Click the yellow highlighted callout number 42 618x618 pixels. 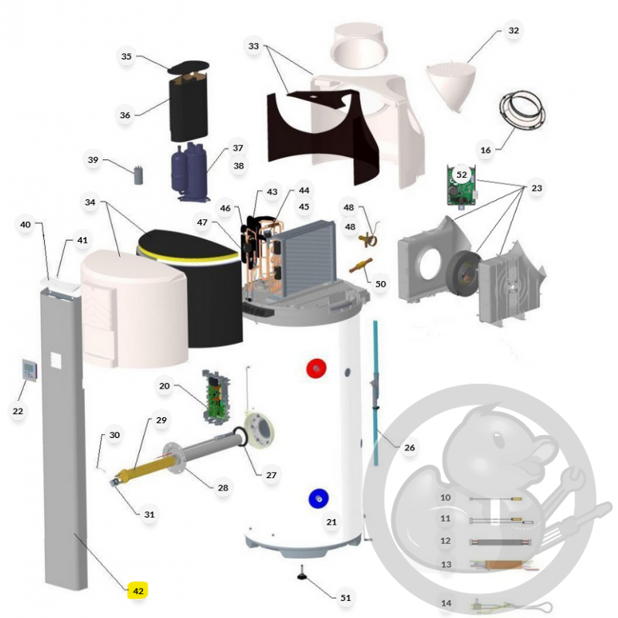pos(138,591)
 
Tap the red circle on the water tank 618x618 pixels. pos(316,368)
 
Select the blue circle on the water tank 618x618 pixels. pos(319,499)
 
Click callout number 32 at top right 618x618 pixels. pos(514,30)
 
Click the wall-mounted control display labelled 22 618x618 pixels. pos(30,370)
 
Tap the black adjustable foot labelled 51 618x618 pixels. pos(302,576)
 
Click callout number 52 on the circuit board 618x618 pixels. pos(461,175)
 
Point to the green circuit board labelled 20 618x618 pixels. pos(216,396)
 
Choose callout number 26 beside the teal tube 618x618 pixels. pos(409,447)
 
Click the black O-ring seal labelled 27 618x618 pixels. pos(240,436)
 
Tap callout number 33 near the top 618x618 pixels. pos(253,46)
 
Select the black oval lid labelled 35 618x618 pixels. pos(188,67)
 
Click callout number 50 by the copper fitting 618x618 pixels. pos(380,284)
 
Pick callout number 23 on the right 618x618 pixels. pos(537,188)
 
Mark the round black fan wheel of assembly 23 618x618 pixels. pos(465,273)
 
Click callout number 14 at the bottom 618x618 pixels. pos(446,603)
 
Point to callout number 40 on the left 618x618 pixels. pos(25,224)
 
